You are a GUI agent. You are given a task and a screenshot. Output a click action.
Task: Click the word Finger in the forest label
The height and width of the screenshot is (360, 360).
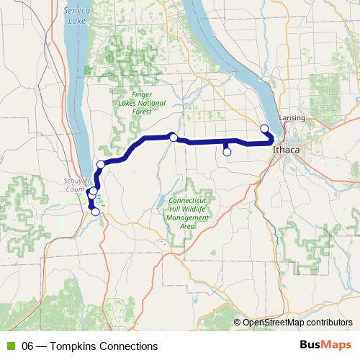(142, 94)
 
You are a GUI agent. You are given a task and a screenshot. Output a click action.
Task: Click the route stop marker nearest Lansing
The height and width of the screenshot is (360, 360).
(264, 129)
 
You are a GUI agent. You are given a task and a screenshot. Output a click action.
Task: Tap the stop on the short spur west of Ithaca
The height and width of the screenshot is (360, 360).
(227, 152)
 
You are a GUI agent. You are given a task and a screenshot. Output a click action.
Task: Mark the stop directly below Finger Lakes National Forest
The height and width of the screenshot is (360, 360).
(174, 137)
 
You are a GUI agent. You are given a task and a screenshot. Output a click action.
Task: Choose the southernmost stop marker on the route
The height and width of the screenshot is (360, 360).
(95, 212)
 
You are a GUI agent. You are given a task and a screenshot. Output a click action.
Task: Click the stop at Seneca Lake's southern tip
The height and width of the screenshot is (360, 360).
(101, 165)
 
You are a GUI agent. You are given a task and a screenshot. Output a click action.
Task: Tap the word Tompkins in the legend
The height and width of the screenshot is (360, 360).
(78, 346)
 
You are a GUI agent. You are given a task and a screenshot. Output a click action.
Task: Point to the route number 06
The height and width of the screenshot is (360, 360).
(29, 346)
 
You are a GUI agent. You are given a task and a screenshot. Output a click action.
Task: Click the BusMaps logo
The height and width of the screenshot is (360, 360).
(322, 346)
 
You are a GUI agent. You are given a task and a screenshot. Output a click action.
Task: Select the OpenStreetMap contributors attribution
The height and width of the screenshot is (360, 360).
(297, 323)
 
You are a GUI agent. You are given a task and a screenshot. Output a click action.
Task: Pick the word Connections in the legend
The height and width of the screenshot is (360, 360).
(130, 346)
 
